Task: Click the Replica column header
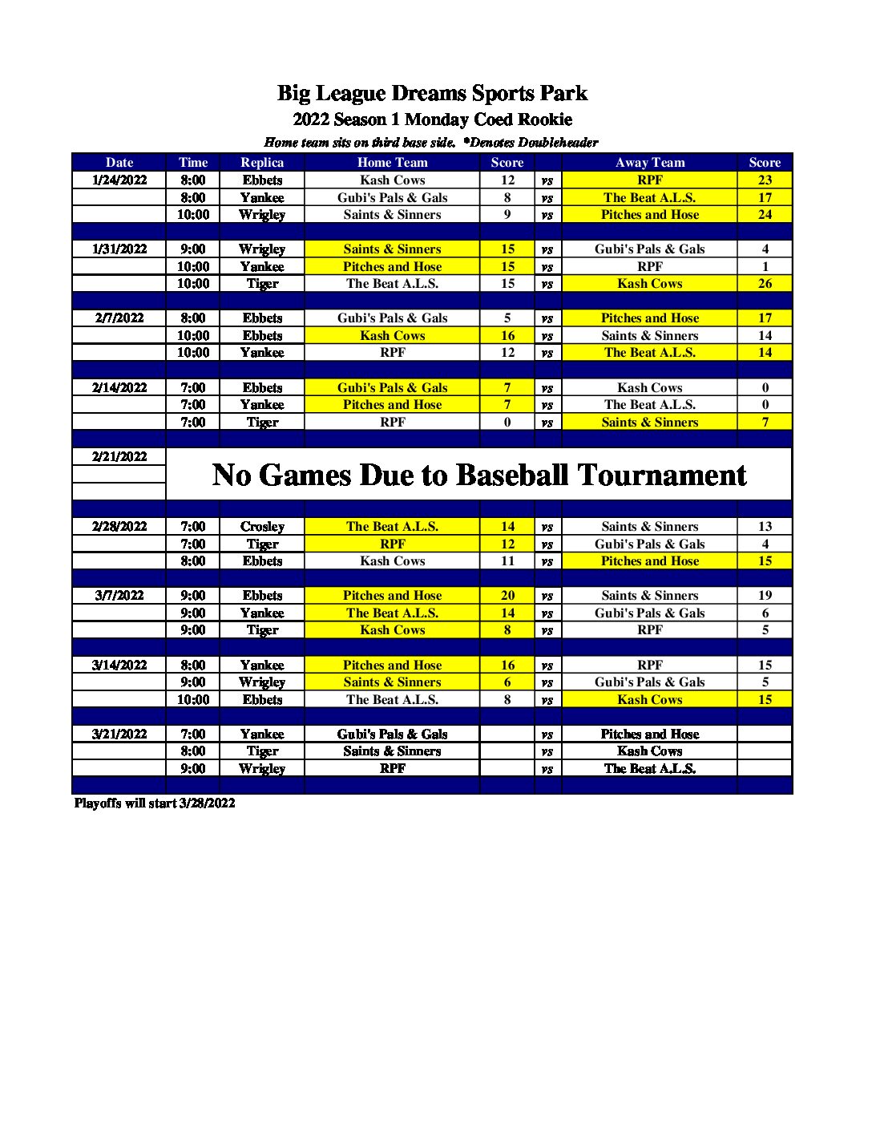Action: [x=262, y=163]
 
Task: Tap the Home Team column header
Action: [x=392, y=163]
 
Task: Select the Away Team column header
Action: [x=650, y=163]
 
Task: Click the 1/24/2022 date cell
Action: [x=119, y=180]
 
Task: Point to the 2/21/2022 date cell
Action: [x=119, y=457]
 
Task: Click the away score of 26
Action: [x=765, y=284]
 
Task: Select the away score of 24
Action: [x=765, y=215]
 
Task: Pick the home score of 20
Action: [x=507, y=596]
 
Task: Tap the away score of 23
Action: [x=765, y=180]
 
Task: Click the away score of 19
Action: [x=765, y=596]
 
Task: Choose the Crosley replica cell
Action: [x=262, y=527]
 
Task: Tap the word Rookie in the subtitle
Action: [x=545, y=120]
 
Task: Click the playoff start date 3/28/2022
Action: [x=207, y=803]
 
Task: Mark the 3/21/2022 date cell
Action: [x=119, y=734]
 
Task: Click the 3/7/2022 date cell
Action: [x=119, y=596]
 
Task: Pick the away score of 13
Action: [x=765, y=527]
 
